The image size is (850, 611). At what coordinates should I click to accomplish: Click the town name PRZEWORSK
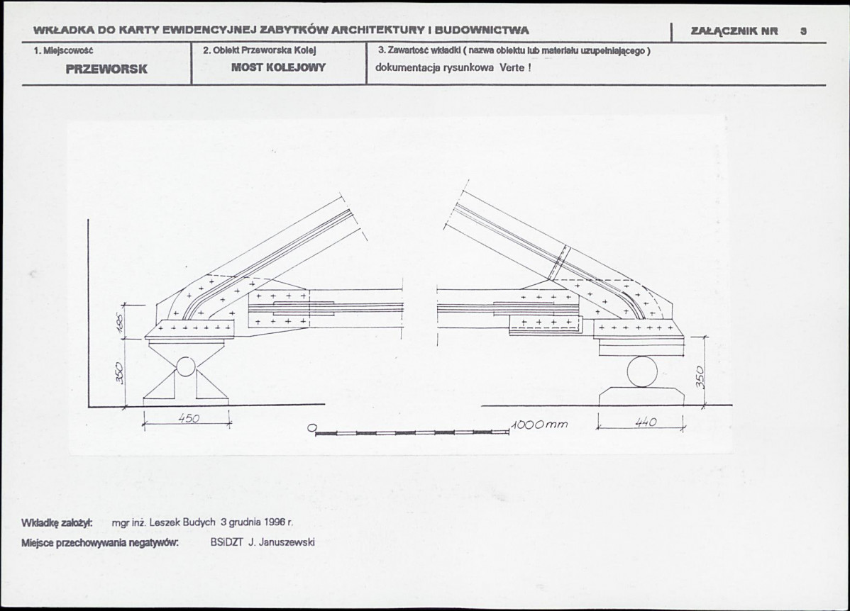point(106,69)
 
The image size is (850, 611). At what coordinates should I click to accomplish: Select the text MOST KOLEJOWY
point(279,68)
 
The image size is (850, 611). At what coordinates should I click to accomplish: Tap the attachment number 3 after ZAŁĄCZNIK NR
point(803,31)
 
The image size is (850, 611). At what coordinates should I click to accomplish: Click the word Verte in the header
point(512,68)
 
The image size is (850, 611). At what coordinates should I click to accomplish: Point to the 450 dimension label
point(189,418)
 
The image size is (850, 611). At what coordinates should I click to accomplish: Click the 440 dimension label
point(645,422)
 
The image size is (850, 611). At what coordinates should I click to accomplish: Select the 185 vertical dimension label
point(122,323)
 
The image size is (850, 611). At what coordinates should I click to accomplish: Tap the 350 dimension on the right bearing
point(700,376)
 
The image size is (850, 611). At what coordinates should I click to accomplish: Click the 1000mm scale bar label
point(539,424)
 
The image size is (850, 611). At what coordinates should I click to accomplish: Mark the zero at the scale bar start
point(311,428)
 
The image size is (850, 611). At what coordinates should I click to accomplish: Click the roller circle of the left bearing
point(185,366)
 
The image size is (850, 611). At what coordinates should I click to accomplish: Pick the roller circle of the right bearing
point(642,371)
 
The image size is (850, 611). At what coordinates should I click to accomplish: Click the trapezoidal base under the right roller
point(642,396)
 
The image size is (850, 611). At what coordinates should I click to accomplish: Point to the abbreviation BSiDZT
point(227,542)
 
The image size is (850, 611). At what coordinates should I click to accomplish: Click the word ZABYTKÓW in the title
point(295,31)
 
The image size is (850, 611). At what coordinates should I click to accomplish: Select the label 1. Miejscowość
point(64,51)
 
